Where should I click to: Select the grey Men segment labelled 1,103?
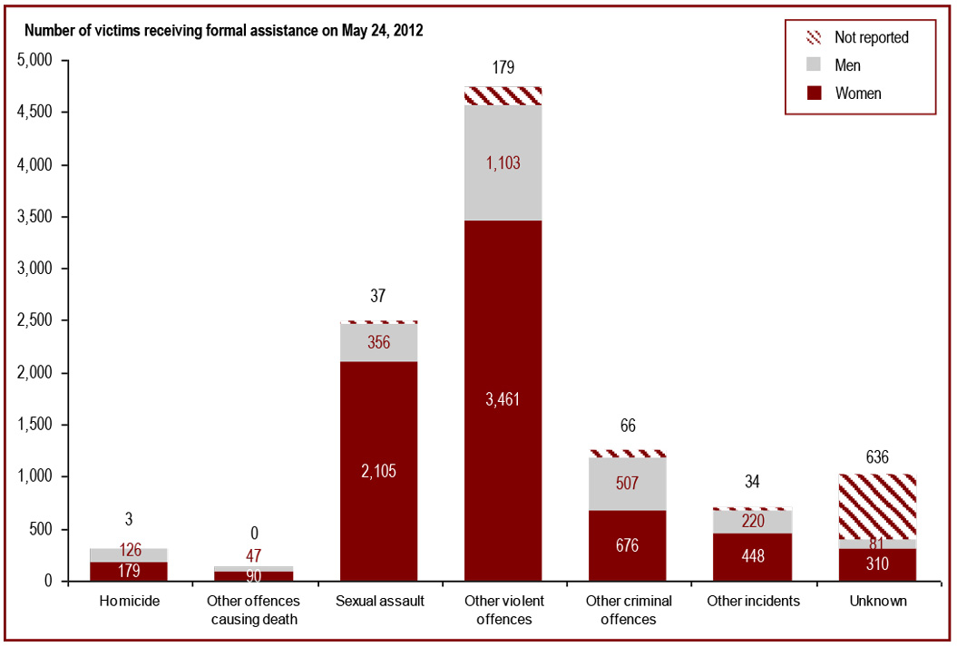502,163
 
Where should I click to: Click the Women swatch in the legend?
812,93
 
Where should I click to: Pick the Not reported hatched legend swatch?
812,38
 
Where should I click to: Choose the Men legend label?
847,65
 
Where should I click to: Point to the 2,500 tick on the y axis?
37,321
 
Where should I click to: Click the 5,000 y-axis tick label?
37,61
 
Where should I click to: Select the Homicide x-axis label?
129,602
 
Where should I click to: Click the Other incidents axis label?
752,602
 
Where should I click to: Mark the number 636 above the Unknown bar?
876,458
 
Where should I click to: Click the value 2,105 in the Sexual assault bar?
377,471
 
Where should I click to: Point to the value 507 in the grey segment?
627,483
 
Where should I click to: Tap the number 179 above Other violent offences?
502,68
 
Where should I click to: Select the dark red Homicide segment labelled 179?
129,571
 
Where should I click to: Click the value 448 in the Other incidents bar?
752,556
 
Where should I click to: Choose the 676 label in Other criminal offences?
627,546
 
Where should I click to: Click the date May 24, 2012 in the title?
382,31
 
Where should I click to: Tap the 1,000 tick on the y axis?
37,477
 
